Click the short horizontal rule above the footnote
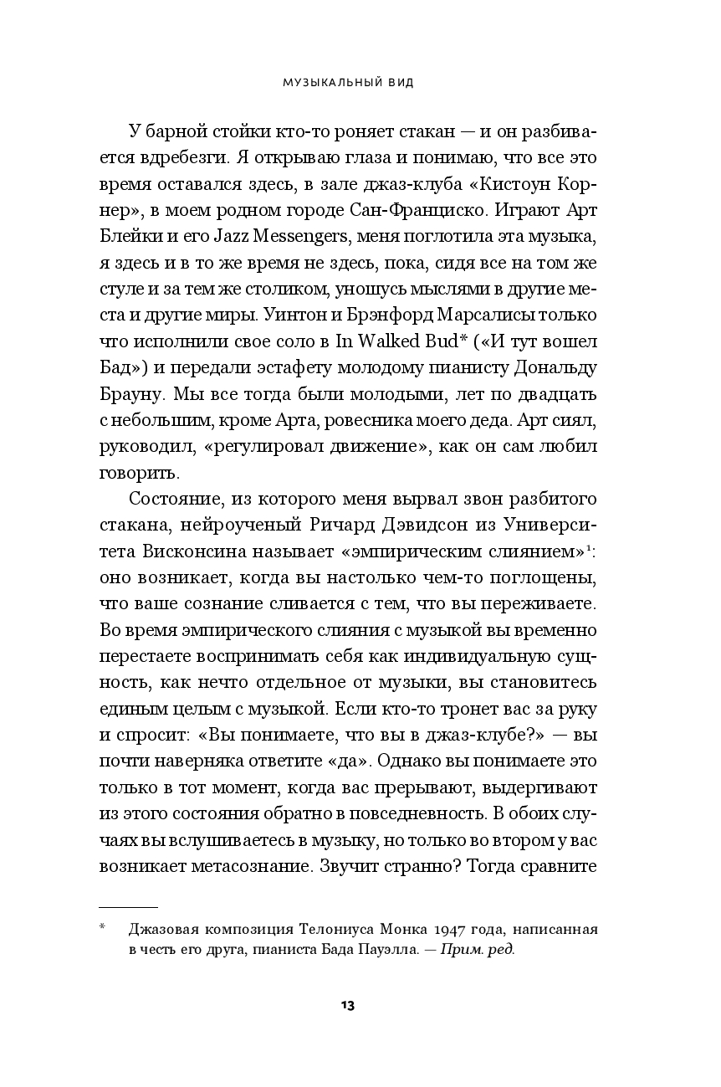(128, 907)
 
